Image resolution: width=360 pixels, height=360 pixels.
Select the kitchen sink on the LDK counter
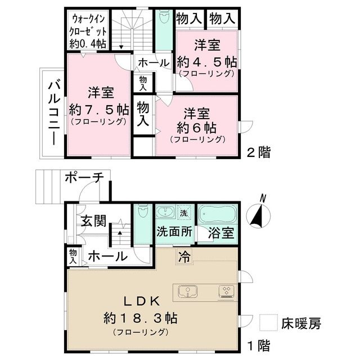tap(188, 291)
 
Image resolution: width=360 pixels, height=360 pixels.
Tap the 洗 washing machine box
tap(183, 213)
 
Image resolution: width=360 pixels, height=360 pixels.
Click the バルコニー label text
tap(53, 112)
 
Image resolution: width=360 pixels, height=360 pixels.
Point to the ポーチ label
tap(84, 178)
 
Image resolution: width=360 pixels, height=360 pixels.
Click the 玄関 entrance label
tap(92, 220)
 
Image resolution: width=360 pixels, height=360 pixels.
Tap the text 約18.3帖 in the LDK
tap(140, 317)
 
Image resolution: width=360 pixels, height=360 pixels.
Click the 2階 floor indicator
tap(259, 152)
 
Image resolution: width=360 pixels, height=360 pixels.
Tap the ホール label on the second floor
tap(153, 62)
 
